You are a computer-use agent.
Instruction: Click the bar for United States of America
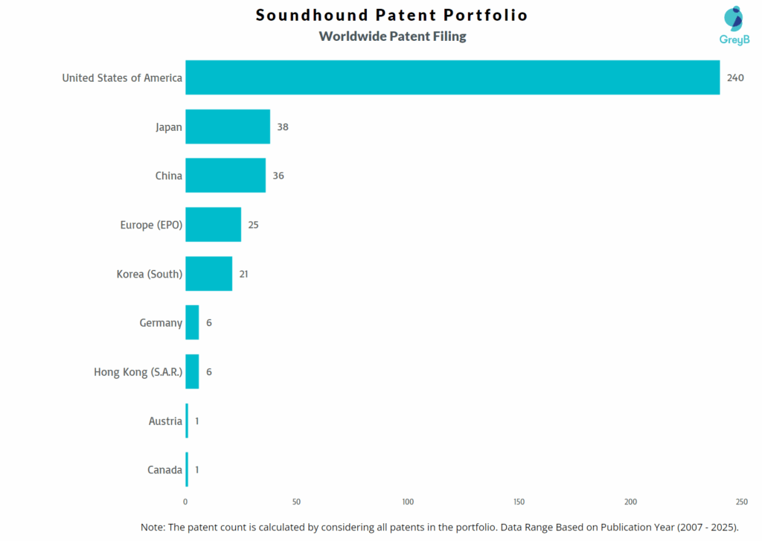pos(452,77)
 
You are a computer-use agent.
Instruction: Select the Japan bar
pos(228,127)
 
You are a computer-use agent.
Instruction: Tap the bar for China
pos(225,176)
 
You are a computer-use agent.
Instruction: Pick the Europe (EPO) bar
pos(214,225)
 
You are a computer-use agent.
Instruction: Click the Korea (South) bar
pos(209,274)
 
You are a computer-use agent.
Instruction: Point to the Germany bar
pos(192,323)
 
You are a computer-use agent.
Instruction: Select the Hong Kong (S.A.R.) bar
pos(192,371)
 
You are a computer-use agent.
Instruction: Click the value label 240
pos(735,78)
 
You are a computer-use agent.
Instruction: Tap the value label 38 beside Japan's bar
pos(282,127)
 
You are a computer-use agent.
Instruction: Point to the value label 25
pos(253,225)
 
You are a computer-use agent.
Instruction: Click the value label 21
pos(243,274)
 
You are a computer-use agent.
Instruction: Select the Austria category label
pos(165,421)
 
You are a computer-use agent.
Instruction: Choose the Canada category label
pos(164,470)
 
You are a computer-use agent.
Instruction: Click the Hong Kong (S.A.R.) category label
pos(138,372)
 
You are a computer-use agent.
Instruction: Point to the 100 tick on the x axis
pos(408,502)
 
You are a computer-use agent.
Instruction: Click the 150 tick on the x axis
pos(519,502)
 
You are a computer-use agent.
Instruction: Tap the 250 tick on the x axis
pos(741,502)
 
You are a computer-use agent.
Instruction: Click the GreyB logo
pos(733,26)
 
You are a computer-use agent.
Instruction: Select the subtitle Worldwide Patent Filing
pos(392,36)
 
